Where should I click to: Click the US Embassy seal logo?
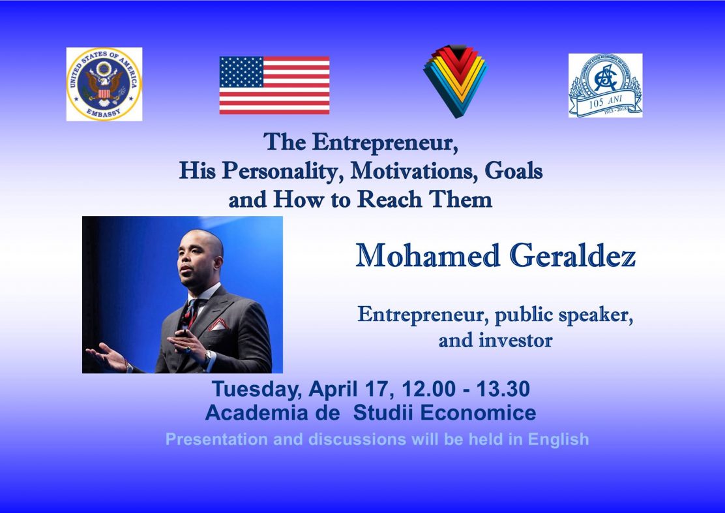point(104,84)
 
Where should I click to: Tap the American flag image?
point(274,85)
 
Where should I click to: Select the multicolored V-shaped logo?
point(455,81)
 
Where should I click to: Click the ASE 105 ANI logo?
point(605,85)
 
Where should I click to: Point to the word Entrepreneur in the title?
point(385,142)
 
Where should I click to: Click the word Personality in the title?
point(284,171)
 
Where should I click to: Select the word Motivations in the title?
point(414,170)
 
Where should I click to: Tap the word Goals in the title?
point(513,170)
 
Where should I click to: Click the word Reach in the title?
point(390,199)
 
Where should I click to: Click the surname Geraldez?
point(572,255)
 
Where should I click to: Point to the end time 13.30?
point(503,389)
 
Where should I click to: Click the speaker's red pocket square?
point(217,324)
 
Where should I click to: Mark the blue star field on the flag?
point(241,72)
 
